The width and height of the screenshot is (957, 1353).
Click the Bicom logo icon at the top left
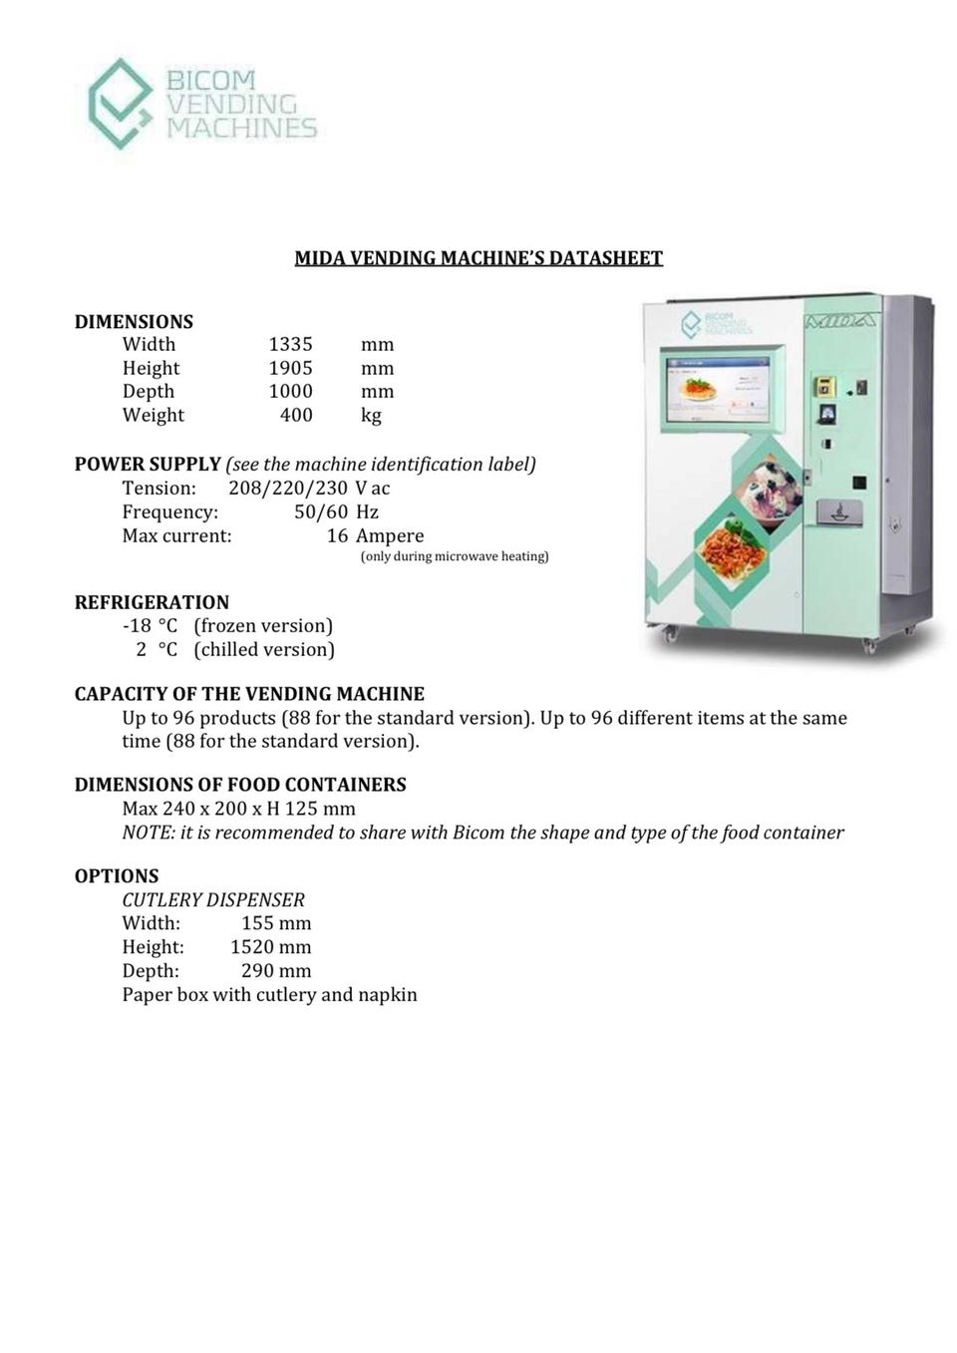pyautogui.click(x=121, y=103)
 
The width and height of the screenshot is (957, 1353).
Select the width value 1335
pyautogui.click(x=290, y=344)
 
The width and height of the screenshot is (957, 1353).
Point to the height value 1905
pyautogui.click(x=290, y=368)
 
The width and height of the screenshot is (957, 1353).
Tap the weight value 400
pyautogui.click(x=296, y=415)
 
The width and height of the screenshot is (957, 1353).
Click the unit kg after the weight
pyautogui.click(x=371, y=415)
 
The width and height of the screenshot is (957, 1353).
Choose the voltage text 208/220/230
pyautogui.click(x=288, y=488)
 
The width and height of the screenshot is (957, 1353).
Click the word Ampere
pyautogui.click(x=390, y=535)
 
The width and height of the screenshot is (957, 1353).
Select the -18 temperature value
pyautogui.click(x=136, y=625)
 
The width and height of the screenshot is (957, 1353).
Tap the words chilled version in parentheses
pyautogui.click(x=264, y=649)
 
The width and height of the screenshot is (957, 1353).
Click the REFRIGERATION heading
pyautogui.click(x=152, y=602)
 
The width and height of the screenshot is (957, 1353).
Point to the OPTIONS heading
pyautogui.click(x=117, y=875)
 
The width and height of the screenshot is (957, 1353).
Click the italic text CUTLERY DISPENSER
pyautogui.click(x=213, y=899)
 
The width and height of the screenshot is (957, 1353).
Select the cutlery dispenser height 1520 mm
pyautogui.click(x=271, y=947)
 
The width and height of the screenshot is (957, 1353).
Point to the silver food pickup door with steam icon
pyautogui.click(x=839, y=510)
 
